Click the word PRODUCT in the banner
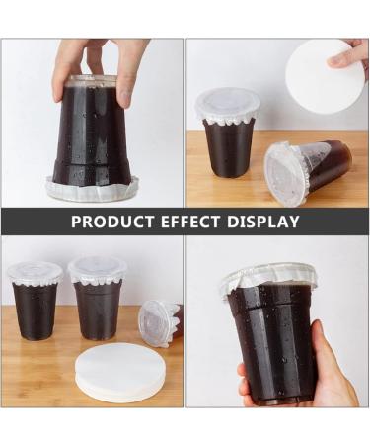tap(112, 222)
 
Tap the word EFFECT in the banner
tap(190, 222)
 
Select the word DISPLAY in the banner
tap(262, 222)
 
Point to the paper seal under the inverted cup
tap(93, 191)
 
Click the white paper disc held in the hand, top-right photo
tap(318, 76)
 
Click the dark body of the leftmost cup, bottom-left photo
tap(36, 311)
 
